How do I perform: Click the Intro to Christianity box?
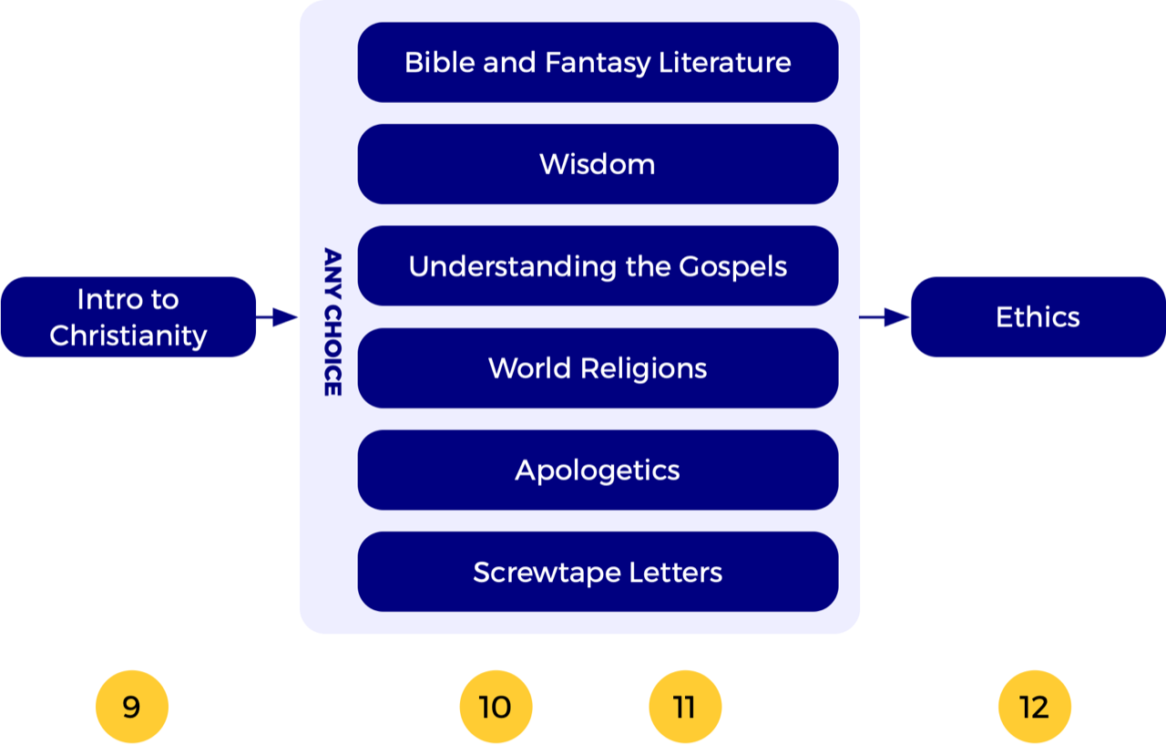[128, 316]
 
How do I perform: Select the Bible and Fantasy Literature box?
[598, 62]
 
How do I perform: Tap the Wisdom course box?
[598, 164]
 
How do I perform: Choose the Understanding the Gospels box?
[598, 266]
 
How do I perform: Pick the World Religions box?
[598, 368]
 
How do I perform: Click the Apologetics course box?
[598, 471]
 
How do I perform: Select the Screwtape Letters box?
[598, 572]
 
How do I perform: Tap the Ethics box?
[1038, 316]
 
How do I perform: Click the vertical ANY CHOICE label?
[332, 322]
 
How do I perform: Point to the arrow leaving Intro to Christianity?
[277, 317]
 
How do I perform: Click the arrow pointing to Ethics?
[885, 317]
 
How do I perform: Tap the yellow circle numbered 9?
[132, 707]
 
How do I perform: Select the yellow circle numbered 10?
[496, 707]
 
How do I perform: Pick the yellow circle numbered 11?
[684, 707]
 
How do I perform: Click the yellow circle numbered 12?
[1035, 707]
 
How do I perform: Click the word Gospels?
[732, 267]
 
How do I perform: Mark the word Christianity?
[128, 336]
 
